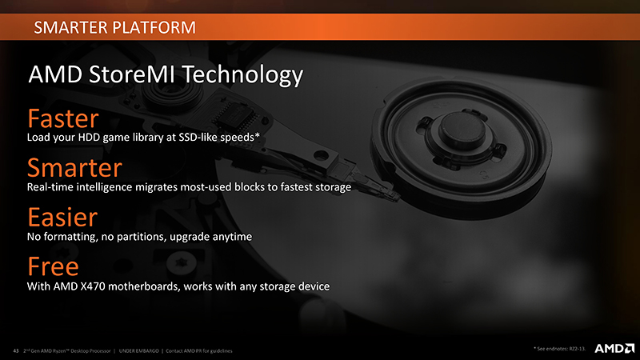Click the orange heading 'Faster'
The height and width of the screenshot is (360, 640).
click(x=62, y=119)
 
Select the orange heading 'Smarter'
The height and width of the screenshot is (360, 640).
click(x=74, y=168)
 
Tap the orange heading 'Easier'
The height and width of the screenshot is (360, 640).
click(x=62, y=218)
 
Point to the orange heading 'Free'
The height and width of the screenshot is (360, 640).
click(x=53, y=266)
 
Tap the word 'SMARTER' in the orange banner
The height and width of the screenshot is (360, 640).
click(x=69, y=30)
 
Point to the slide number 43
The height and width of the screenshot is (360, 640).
click(x=15, y=350)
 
